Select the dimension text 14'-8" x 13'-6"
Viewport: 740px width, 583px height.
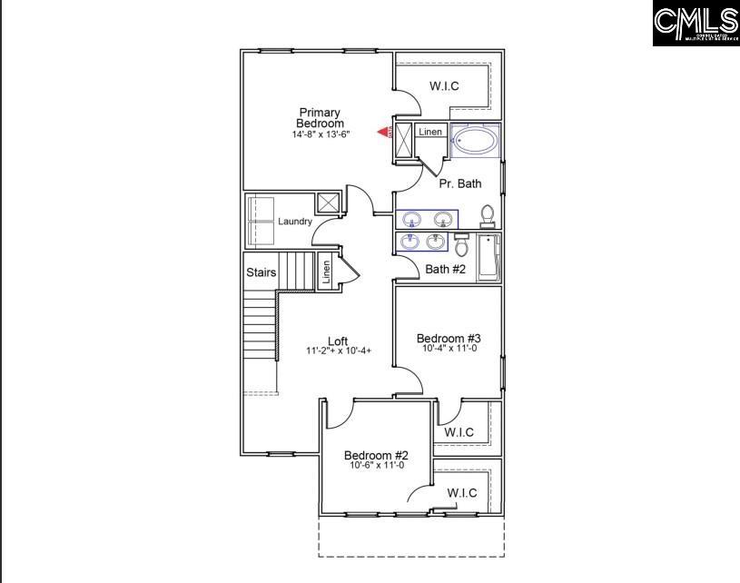321,134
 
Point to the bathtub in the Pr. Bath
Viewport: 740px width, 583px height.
475,141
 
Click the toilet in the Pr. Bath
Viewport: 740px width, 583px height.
488,217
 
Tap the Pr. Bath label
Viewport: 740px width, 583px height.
459,183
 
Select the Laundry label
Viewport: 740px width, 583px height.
295,222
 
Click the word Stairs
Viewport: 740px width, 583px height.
261,272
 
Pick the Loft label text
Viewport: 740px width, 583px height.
338,341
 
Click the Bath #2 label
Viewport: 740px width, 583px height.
445,269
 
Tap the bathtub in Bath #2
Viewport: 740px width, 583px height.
488,257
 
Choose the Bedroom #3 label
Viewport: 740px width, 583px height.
449,338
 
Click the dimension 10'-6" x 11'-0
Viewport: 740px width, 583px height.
377,466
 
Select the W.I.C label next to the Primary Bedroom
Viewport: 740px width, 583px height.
443,86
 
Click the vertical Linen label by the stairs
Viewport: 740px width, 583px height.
326,272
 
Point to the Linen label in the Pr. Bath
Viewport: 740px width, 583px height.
430,133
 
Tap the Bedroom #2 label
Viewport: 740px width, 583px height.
376,455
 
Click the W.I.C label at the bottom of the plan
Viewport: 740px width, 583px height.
462,493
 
